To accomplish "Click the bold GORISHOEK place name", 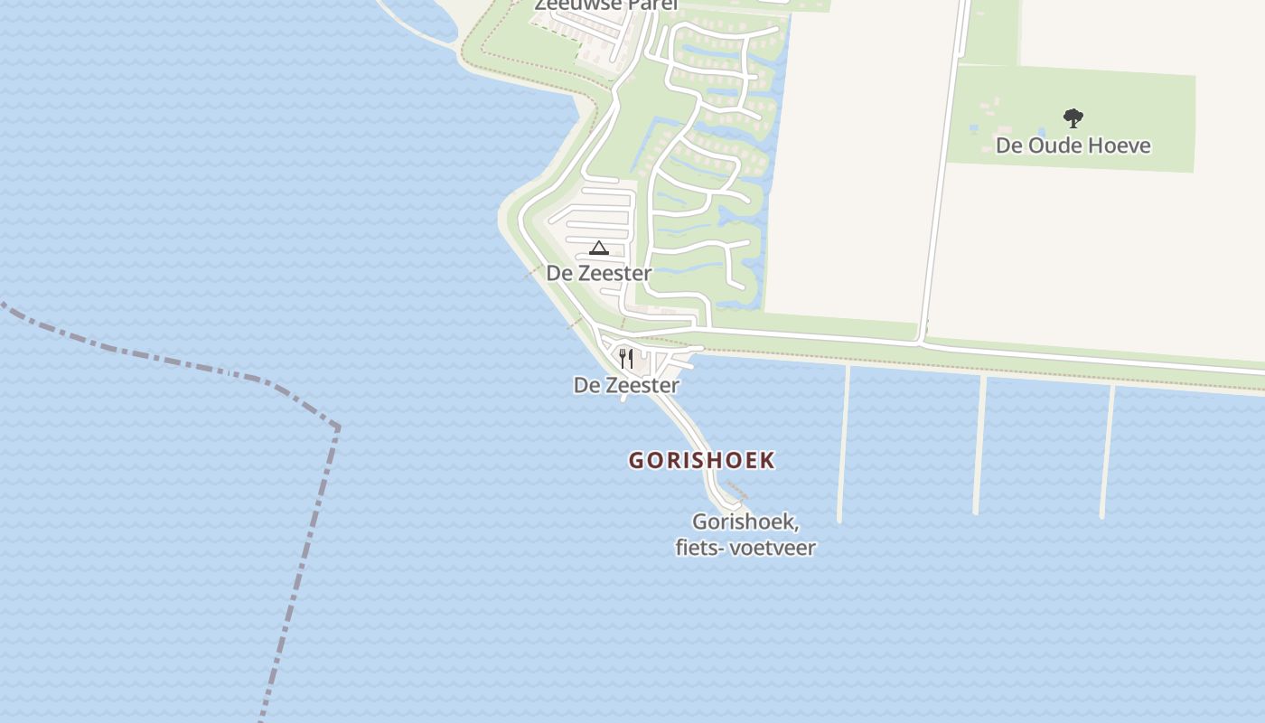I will pos(701,460).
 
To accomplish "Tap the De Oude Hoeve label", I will pos(1073,146).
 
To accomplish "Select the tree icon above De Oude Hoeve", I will pos(1073,118).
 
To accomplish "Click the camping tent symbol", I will pos(598,248).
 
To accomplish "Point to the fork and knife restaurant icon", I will pos(626,358).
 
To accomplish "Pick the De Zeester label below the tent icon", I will pos(598,273).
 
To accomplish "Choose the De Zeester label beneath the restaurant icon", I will pos(626,385).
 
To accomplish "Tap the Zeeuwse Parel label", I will pos(605,5).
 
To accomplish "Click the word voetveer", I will pos(772,548).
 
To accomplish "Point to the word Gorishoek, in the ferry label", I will pos(745,522).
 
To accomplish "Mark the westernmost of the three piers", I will pos(843,443).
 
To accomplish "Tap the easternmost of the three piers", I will pos(1107,450).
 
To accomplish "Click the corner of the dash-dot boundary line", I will pos(337,427).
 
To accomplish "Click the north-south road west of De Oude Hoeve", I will pos(942,181).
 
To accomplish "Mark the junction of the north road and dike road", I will pos(920,343).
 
